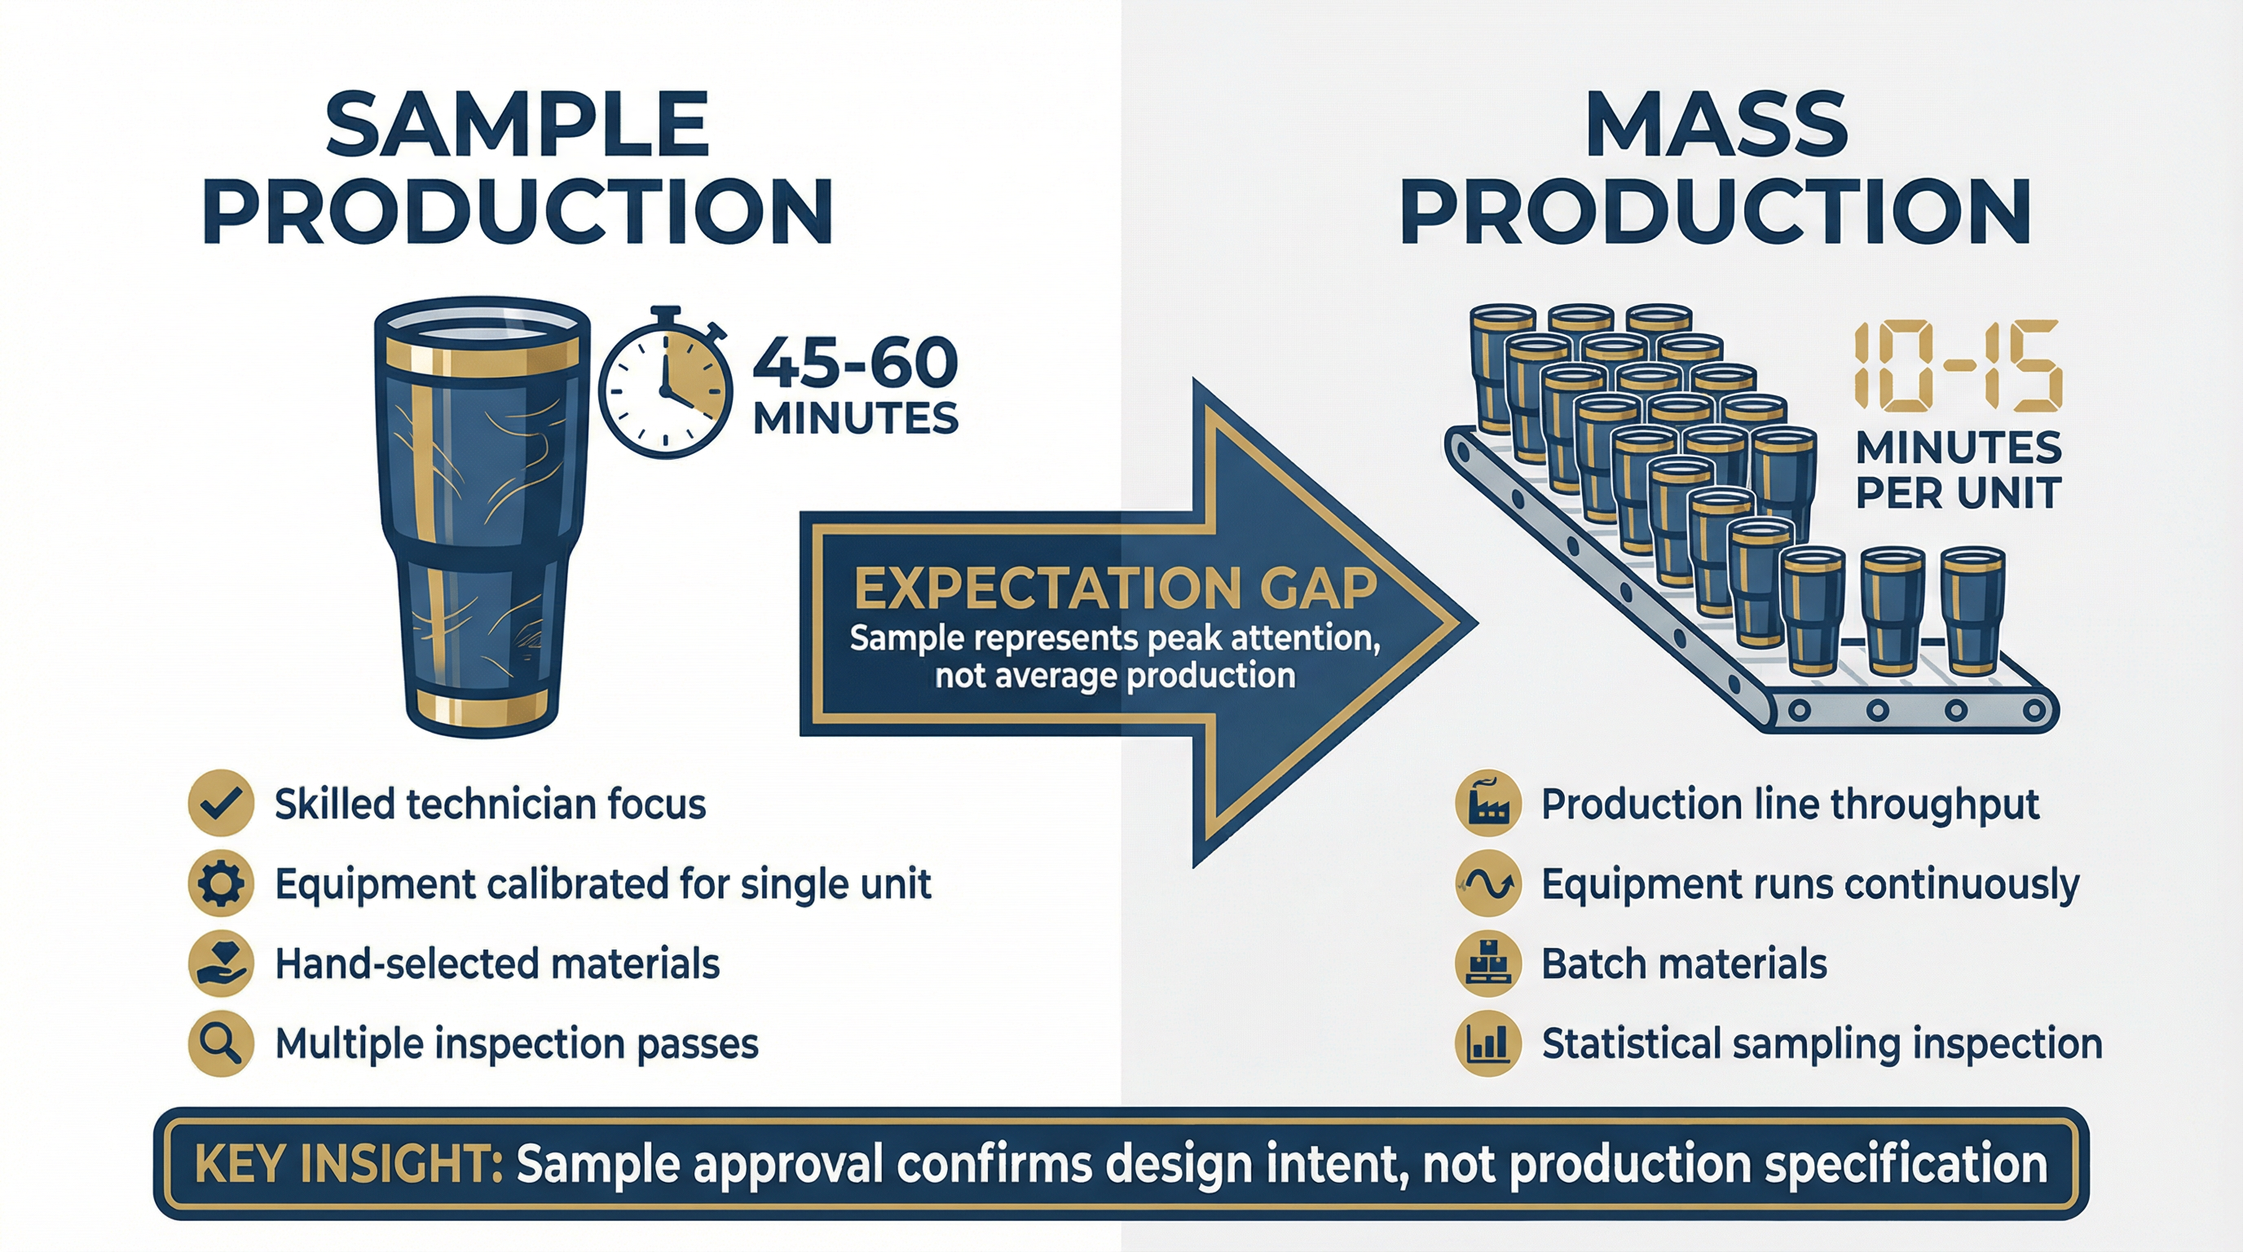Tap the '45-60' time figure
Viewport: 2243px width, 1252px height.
854,363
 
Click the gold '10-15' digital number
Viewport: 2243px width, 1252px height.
1958,365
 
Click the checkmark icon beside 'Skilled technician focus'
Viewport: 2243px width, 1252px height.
221,804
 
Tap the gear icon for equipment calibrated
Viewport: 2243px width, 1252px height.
221,884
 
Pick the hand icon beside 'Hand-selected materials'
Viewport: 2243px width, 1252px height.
221,963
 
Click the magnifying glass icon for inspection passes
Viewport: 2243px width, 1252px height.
221,1043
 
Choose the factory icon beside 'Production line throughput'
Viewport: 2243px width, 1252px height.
1488,804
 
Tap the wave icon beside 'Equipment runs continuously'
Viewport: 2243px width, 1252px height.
1488,884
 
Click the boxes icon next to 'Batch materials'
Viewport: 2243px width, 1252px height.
1488,963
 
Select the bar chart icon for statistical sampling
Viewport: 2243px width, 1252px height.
1488,1043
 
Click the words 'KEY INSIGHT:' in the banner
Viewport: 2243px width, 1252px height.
348,1164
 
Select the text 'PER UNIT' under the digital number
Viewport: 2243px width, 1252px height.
1958,494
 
